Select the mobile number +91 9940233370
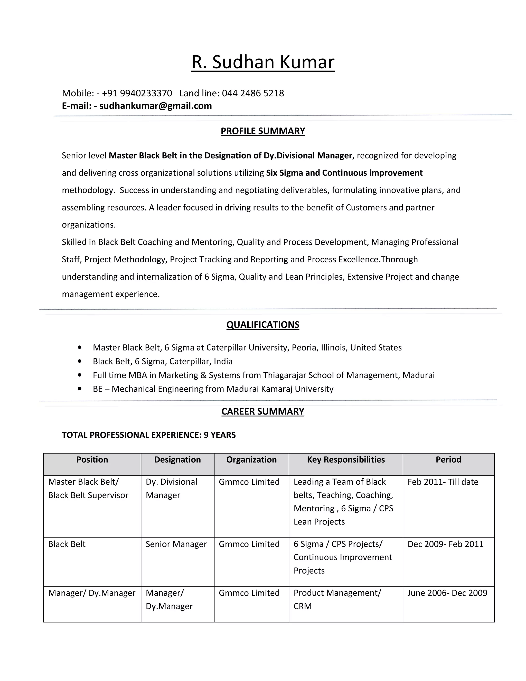[x=137, y=93]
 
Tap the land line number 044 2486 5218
[x=253, y=93]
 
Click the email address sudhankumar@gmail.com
[x=155, y=106]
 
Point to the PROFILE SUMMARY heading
[x=263, y=131]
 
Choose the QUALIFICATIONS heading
[x=263, y=325]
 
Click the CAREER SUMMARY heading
[x=263, y=411]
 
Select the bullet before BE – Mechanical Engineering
[x=80, y=389]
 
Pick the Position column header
[x=92, y=460]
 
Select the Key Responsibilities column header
[x=346, y=460]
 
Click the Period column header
[x=448, y=460]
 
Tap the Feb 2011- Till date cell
[x=443, y=482]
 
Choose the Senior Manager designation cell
[x=176, y=544]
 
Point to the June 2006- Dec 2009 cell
[x=447, y=593]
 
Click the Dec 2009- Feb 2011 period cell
[x=445, y=544]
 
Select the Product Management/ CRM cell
[x=337, y=599]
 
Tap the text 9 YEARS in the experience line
[x=220, y=435]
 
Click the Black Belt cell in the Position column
[x=67, y=544]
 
